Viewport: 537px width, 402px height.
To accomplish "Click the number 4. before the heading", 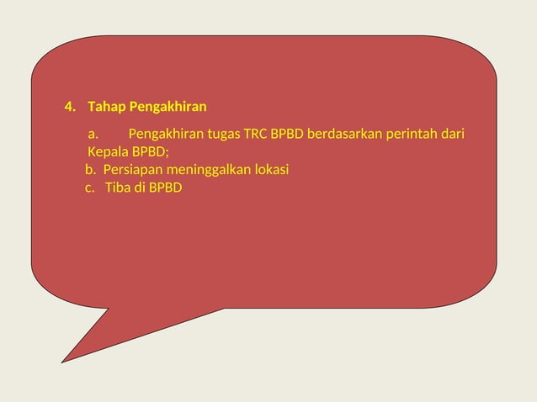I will (70, 108).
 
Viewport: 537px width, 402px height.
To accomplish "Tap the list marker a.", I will (93, 135).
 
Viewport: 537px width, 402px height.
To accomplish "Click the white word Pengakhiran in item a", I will (162, 135).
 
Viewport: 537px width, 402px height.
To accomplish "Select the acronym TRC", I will (256, 135).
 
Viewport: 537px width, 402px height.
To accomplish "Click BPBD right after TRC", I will (287, 135).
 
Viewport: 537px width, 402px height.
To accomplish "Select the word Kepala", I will (108, 152).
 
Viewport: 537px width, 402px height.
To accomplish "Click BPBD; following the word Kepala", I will (150, 152).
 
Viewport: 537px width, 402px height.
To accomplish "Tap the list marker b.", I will (91, 170).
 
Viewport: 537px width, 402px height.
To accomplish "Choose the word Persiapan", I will (131, 170).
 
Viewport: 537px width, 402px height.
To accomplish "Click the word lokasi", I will (271, 170).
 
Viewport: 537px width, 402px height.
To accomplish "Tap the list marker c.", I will (90, 188).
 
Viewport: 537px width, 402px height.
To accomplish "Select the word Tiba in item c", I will (118, 188).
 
